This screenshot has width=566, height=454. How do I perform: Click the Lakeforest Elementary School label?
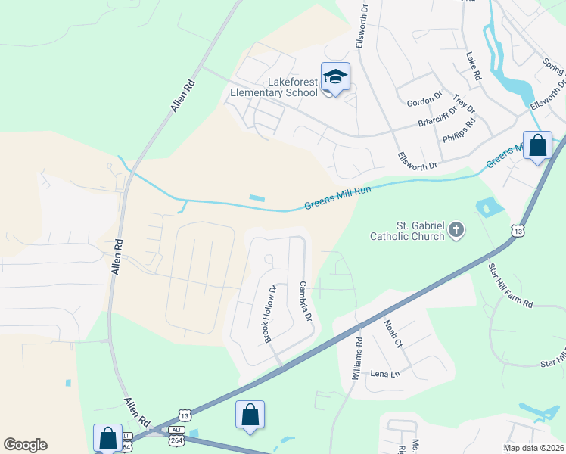pos(274,87)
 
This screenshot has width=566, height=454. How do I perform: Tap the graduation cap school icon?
pos(335,76)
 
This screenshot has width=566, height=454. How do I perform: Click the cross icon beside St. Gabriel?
pos(456,229)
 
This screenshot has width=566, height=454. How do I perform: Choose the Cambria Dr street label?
pos(306,301)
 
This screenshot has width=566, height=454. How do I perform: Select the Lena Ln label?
pos(384,374)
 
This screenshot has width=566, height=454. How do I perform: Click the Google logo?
pos(25,445)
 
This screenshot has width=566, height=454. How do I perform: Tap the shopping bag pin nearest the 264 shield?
pos(107,437)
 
